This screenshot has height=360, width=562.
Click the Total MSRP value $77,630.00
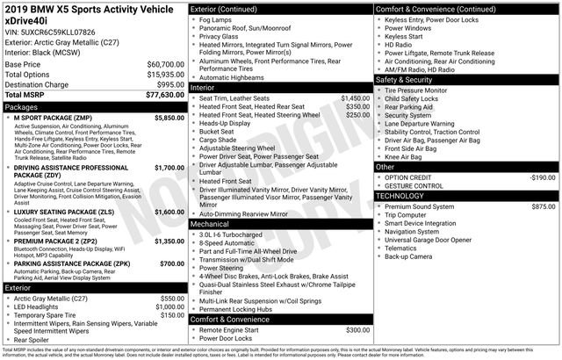point(159,94)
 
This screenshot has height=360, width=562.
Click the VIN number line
point(49,32)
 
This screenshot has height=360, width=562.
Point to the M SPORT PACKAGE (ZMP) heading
point(50,117)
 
